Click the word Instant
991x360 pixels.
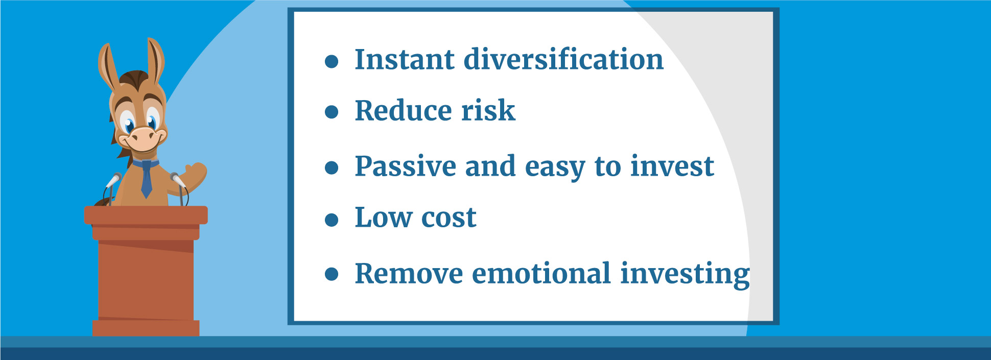coord(404,59)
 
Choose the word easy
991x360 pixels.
coord(555,168)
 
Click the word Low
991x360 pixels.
coord(383,218)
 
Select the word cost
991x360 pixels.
coord(449,219)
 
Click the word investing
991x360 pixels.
coord(685,274)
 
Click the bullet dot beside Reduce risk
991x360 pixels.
coord(332,112)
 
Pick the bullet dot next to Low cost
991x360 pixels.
coord(332,220)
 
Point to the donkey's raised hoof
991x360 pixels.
coord(196,172)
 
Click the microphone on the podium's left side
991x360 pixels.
coord(113,180)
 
